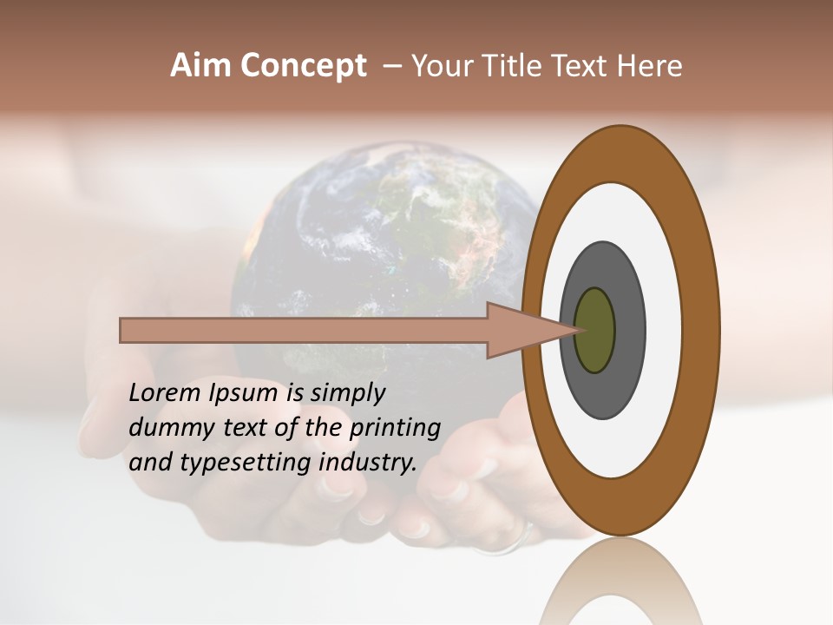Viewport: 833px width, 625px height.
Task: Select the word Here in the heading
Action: coord(651,66)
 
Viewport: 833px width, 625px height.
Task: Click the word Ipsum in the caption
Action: coord(244,393)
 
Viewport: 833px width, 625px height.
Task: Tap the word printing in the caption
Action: coord(395,429)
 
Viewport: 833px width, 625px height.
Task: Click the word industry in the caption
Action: coord(368,463)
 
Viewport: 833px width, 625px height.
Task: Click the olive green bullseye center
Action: coord(595,330)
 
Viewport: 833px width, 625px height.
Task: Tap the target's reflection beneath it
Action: coord(620,590)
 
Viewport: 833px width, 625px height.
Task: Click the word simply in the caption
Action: coord(348,393)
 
